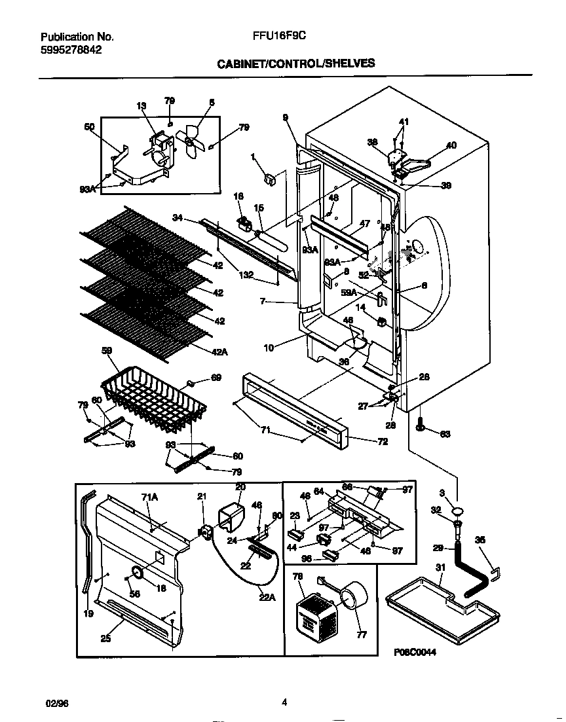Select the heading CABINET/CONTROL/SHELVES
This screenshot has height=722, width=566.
point(295,63)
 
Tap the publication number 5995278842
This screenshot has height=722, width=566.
point(71,49)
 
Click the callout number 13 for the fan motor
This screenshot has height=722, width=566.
point(141,106)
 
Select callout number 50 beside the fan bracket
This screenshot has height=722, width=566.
point(90,127)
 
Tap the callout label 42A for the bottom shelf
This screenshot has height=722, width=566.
point(219,352)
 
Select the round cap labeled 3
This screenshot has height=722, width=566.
point(459,511)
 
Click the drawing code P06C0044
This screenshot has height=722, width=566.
point(415,653)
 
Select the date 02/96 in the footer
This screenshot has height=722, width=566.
point(57,702)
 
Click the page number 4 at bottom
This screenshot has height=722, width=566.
point(284,702)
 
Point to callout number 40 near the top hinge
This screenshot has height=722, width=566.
point(451,146)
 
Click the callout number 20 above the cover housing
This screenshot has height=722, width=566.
point(240,487)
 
